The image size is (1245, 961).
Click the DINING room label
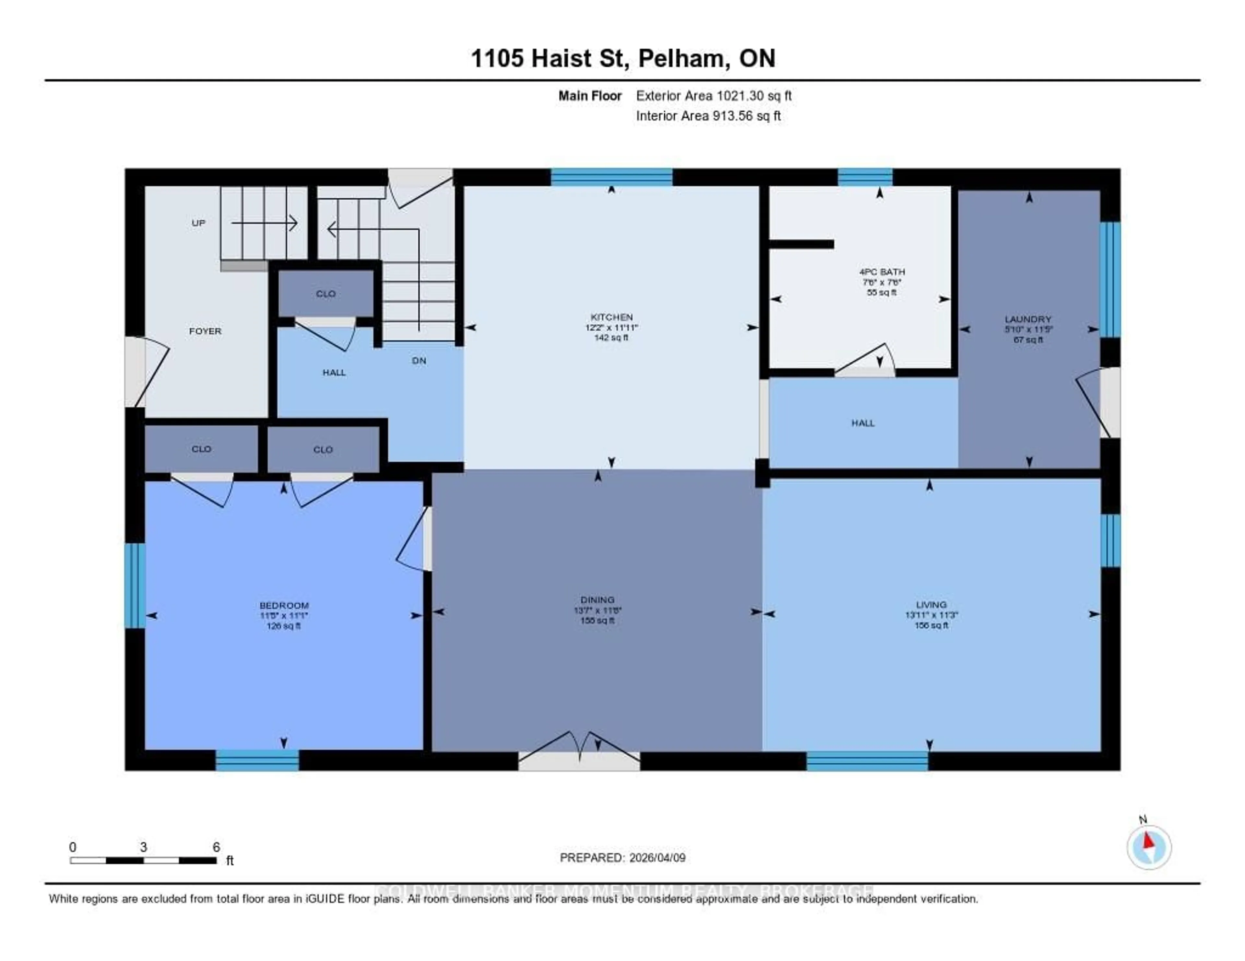point(598,600)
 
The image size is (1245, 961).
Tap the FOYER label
point(205,331)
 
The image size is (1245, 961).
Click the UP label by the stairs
point(198,223)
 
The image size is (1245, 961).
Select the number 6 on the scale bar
point(216,847)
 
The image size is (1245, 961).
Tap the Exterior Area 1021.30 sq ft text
point(714,96)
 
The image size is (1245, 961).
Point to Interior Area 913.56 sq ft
point(708,116)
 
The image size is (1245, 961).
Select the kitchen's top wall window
point(611,177)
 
